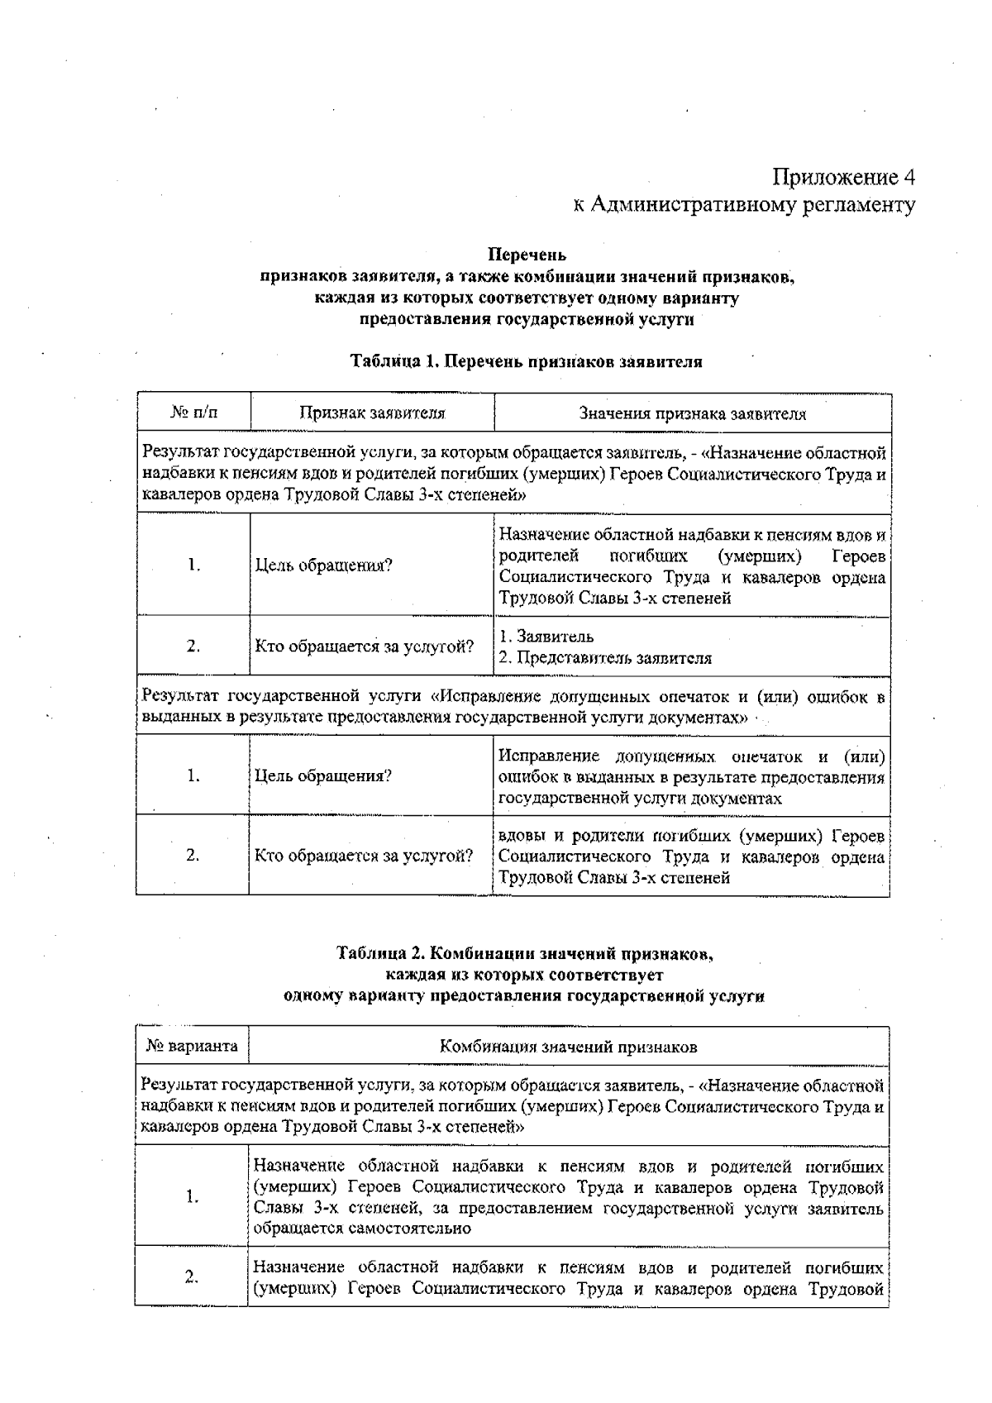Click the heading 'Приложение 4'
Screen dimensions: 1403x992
(x=843, y=177)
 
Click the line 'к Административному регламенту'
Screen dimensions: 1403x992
(x=744, y=204)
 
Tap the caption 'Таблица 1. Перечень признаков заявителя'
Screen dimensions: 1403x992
(x=527, y=361)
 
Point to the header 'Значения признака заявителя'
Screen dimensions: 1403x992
(x=692, y=413)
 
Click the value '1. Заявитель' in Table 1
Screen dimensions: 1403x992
(x=546, y=637)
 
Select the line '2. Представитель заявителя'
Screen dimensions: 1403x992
(x=605, y=658)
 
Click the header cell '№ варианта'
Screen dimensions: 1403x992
(x=192, y=1046)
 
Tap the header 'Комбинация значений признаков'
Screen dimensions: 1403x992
(x=568, y=1047)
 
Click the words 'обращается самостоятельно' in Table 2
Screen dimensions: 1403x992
(x=362, y=1229)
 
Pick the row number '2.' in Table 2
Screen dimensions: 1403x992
(x=192, y=1277)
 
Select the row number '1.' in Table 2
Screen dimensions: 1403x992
(x=192, y=1196)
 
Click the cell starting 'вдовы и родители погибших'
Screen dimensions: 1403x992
(x=692, y=856)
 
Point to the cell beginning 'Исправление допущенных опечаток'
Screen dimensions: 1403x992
(x=692, y=777)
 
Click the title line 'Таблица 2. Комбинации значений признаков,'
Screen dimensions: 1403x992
(x=525, y=954)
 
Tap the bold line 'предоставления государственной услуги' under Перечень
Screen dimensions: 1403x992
(x=527, y=319)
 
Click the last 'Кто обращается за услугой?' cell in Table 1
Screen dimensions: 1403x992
(x=364, y=856)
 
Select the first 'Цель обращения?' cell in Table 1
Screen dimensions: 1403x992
(x=323, y=565)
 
